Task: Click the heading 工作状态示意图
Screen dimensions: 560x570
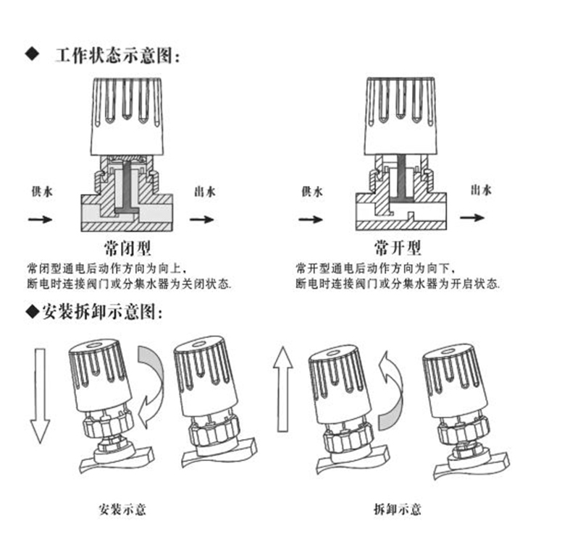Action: click(x=115, y=56)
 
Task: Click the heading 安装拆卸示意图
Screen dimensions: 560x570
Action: click(x=101, y=313)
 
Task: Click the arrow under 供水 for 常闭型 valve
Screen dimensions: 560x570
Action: click(x=40, y=218)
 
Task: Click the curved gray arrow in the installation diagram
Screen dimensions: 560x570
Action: click(x=153, y=383)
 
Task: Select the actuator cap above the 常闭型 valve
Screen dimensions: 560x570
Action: click(x=125, y=116)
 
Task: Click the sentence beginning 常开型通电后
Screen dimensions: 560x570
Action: click(x=377, y=269)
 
